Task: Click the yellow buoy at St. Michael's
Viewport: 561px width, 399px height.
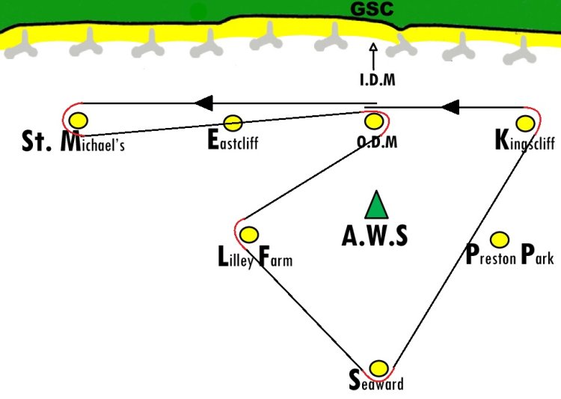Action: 79,121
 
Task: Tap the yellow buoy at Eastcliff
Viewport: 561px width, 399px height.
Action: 233,123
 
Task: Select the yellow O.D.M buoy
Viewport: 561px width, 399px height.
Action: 374,121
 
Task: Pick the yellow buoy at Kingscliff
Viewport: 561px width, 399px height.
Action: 525,124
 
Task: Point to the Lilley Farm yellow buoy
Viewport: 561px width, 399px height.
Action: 248,234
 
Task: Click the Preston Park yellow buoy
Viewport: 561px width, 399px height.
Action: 500,240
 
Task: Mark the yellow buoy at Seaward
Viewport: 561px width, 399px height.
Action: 378,368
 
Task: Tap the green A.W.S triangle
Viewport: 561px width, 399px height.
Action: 376,205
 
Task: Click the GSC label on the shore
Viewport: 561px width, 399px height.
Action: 372,9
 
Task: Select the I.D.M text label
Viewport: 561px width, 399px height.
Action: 378,79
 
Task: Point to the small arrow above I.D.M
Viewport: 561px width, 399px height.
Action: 373,57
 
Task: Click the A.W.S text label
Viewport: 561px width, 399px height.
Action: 375,236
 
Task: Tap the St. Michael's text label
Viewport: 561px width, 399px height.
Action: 73,141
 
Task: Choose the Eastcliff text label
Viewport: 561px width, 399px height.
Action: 233,141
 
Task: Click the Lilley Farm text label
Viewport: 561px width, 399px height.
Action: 255,258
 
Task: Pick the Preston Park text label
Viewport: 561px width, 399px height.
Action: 510,255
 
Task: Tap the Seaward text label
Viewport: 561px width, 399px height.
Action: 376,381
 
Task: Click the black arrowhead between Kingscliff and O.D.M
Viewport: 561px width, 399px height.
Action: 450,107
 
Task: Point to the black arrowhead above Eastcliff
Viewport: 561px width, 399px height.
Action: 204,103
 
